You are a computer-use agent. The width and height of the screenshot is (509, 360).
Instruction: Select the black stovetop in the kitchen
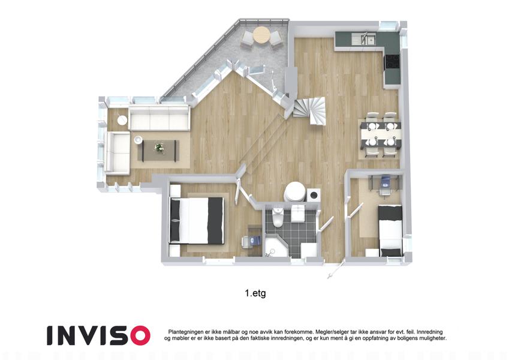tap(392, 61)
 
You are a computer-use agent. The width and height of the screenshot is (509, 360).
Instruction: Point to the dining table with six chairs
tap(381, 134)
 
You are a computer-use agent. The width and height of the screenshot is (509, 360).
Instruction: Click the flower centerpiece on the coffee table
tap(159, 148)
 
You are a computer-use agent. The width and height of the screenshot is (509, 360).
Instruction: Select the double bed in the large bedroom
tap(197, 220)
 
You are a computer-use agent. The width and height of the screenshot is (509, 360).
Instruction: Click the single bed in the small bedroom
tap(390, 230)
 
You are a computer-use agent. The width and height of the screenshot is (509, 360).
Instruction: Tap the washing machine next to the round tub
tap(314, 195)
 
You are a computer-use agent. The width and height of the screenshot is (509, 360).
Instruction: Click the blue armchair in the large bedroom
tap(251, 241)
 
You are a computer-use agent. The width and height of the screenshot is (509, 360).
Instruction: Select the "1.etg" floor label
tap(255, 293)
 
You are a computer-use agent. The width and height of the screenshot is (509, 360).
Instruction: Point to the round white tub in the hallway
tap(294, 191)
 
